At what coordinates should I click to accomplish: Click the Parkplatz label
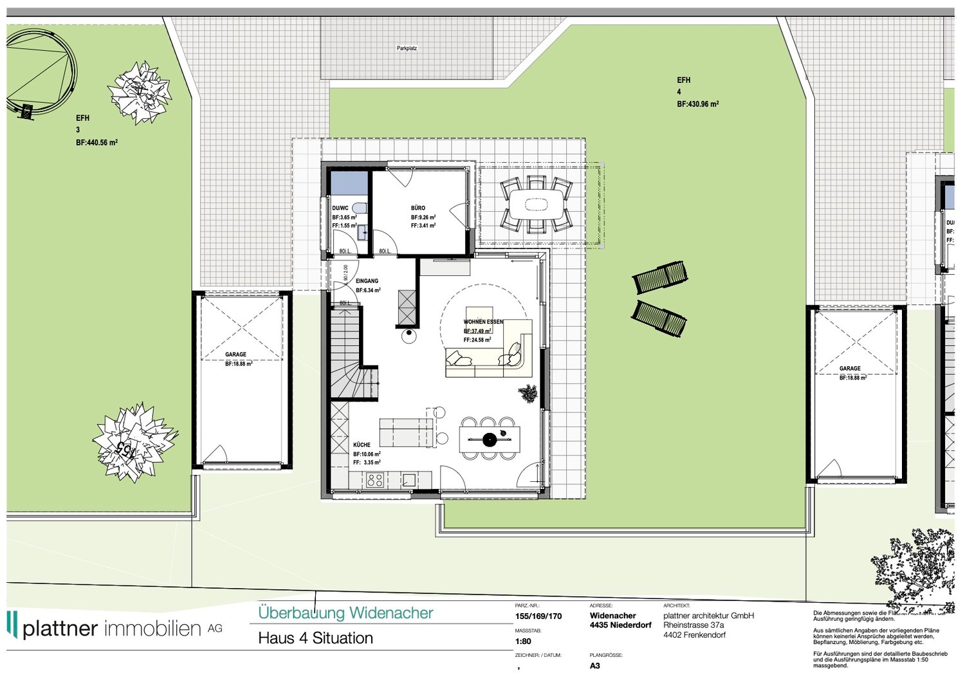click(x=407, y=48)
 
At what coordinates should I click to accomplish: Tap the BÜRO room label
click(x=418, y=208)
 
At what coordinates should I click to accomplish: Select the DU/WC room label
click(x=340, y=208)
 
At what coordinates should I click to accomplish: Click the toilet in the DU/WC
click(x=360, y=208)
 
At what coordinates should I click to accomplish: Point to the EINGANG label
click(x=367, y=281)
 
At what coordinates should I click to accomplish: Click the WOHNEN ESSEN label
click(x=483, y=322)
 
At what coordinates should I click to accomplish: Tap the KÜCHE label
click(x=362, y=445)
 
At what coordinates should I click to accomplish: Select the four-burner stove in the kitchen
click(x=375, y=479)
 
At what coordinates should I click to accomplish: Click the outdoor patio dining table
click(x=536, y=205)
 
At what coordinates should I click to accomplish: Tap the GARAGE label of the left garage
click(x=235, y=355)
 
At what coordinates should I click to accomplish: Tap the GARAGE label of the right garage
click(x=850, y=369)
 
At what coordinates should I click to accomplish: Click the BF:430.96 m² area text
click(x=697, y=104)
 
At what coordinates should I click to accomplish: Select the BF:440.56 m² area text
click(x=96, y=143)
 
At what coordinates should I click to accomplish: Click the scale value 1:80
click(x=523, y=641)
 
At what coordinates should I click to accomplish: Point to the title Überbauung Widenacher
click(x=345, y=613)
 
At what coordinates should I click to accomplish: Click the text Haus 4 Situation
click(x=315, y=638)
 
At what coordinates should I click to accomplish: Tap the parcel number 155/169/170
click(x=538, y=616)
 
